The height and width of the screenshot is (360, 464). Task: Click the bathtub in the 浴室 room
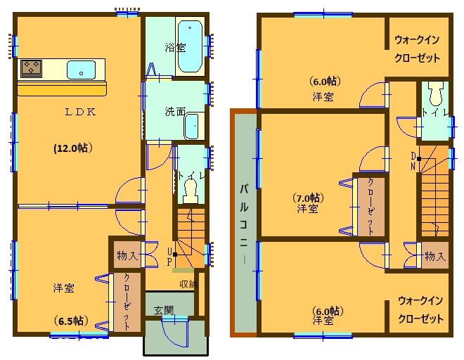point(190,46)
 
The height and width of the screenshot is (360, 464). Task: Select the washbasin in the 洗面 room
point(192,127)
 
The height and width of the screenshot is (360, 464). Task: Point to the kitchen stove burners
point(32,68)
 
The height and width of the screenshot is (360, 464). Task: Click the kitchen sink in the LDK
point(81,70)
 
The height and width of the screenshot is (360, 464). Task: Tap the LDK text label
point(81,112)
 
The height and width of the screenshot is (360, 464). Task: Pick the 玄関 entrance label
point(165,309)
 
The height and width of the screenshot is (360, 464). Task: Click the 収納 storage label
point(187,284)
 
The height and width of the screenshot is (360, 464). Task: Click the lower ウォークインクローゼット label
point(420,310)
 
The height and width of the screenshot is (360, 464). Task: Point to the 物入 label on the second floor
point(435,257)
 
